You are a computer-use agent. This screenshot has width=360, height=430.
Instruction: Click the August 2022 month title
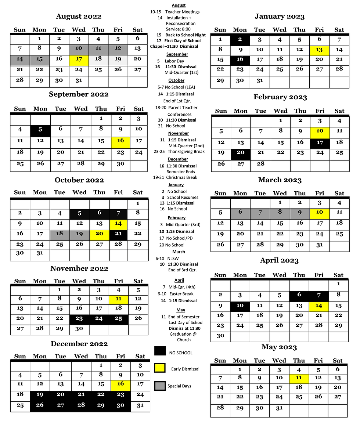pos(79,17)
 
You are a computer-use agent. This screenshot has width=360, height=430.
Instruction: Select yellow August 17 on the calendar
pos(79,60)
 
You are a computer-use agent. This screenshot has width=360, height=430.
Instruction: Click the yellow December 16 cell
pos(120,385)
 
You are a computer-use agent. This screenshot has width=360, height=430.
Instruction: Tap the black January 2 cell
pos(240,40)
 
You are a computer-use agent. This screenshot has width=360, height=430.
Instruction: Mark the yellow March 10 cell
pos(320,213)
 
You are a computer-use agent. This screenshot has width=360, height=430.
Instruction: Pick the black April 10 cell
pos(240,306)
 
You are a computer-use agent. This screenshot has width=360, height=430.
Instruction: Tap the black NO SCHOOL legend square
pos(160,351)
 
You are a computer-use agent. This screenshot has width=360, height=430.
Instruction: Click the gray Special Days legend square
pos(160,386)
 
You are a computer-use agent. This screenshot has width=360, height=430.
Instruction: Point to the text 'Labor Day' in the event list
pos(175,61)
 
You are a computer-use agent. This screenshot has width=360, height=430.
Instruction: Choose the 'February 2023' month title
pos(280,97)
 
